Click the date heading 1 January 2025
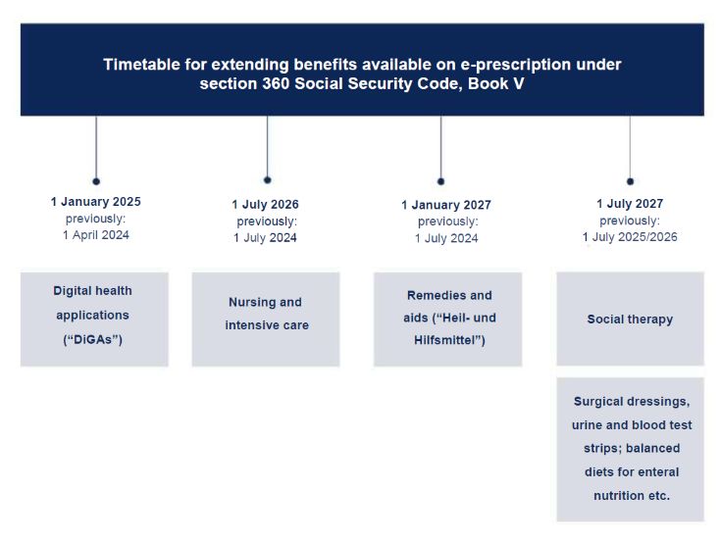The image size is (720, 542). click(95, 202)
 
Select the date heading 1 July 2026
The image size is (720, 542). click(265, 205)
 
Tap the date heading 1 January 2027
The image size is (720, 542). click(446, 205)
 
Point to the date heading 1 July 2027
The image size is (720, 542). click(630, 204)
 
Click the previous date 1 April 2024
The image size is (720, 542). click(95, 234)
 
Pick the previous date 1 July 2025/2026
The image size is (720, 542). click(630, 236)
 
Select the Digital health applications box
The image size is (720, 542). click(94, 319)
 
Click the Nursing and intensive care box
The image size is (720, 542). click(265, 319)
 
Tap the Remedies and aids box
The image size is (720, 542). click(447, 319)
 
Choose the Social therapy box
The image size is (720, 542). click(630, 319)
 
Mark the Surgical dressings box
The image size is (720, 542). click(630, 449)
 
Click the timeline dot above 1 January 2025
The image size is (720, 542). click(96, 181)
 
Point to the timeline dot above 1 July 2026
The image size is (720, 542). click(267, 179)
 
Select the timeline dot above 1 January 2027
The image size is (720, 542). click(440, 181)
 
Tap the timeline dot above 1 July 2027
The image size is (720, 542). click(630, 181)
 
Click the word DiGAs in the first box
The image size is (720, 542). click(94, 340)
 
